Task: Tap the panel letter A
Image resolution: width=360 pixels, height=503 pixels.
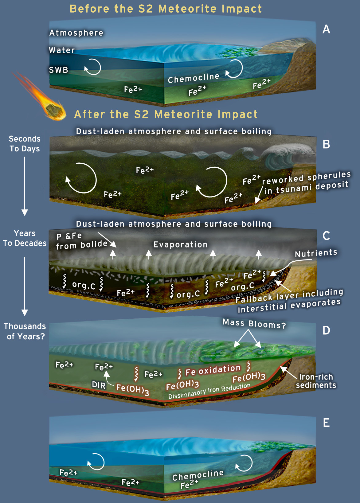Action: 326,29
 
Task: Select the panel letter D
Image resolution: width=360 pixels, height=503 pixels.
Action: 326,330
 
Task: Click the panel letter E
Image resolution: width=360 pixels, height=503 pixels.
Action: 326,423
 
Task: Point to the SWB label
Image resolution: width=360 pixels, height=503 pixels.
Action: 58,70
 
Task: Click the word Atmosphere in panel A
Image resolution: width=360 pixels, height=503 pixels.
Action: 76,33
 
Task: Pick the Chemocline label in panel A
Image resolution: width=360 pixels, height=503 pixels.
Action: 194,78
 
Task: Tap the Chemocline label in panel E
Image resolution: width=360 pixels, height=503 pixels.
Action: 198,475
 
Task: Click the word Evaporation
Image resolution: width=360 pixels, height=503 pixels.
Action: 180,244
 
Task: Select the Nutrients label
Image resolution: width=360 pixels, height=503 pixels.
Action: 316,253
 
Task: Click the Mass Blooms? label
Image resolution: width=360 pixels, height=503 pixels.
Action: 254,324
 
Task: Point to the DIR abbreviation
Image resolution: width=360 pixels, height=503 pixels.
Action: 99,385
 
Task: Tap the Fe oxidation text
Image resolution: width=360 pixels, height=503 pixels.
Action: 213,370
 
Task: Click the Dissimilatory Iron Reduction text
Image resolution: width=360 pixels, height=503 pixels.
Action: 209,391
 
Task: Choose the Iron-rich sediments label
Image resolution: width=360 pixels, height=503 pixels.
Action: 316,381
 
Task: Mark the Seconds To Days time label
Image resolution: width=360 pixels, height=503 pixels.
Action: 25,144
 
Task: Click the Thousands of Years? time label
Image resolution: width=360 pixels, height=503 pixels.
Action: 25,331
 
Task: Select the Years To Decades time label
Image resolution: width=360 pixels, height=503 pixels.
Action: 25,238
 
